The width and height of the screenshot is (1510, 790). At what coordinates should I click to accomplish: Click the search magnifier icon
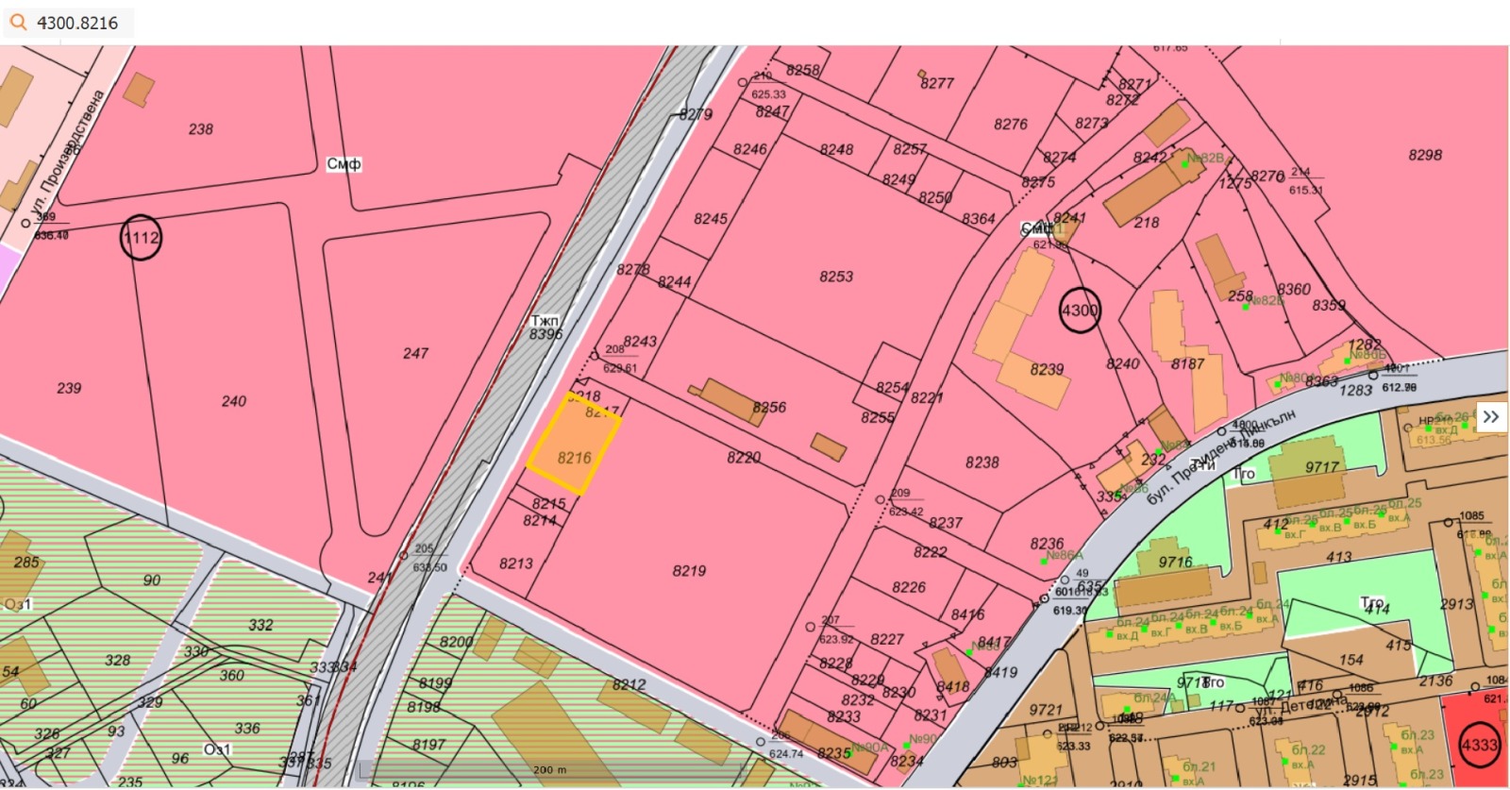click(x=18, y=22)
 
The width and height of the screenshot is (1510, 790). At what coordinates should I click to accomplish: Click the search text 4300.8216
click(x=77, y=23)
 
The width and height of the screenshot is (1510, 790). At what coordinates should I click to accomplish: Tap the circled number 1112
click(x=141, y=238)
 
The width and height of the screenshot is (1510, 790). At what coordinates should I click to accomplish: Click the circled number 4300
click(x=1080, y=310)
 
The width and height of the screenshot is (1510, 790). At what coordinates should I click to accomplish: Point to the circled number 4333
click(x=1479, y=745)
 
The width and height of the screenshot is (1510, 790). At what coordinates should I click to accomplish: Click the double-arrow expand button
click(x=1490, y=416)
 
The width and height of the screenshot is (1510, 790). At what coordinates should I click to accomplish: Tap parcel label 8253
click(x=836, y=277)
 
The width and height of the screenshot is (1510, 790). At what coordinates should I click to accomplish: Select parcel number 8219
click(x=689, y=571)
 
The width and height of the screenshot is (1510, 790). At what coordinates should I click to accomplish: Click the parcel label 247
click(x=415, y=353)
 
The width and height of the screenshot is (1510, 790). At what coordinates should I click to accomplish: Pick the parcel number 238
click(x=200, y=129)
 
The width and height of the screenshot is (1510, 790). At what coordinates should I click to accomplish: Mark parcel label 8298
click(x=1424, y=155)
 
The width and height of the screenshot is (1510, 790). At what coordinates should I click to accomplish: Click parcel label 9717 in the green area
click(x=1321, y=467)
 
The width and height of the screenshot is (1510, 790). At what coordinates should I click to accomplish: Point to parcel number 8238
click(x=981, y=462)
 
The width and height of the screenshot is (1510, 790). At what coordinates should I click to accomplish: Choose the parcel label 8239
click(x=1047, y=369)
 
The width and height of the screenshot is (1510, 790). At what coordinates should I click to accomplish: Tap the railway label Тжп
click(x=545, y=321)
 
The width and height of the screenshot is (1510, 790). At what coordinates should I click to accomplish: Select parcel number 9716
click(x=1175, y=562)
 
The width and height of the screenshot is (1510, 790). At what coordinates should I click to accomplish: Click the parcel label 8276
click(x=1010, y=124)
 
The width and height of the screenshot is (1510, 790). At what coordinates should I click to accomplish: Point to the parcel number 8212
click(x=629, y=684)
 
